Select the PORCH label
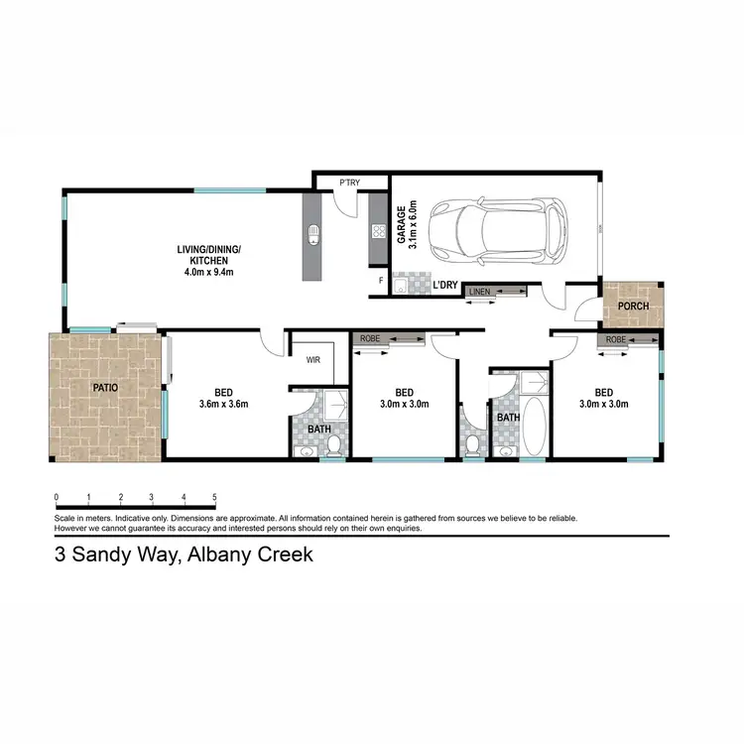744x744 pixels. (x=633, y=306)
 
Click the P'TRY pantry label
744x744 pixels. (x=349, y=184)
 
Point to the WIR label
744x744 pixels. (x=313, y=359)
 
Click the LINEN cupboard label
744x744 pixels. (x=479, y=292)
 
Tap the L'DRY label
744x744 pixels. (x=445, y=286)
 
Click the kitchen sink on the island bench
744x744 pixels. (x=313, y=235)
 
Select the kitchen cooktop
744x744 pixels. (x=378, y=231)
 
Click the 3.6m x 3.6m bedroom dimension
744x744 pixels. (x=222, y=404)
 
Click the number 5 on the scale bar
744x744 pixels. (x=214, y=497)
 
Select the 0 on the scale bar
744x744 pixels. (x=57, y=497)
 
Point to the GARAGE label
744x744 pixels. (x=402, y=225)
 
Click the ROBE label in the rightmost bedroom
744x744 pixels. (x=616, y=340)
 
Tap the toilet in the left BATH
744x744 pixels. (x=335, y=442)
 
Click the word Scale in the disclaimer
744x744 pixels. (x=65, y=518)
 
